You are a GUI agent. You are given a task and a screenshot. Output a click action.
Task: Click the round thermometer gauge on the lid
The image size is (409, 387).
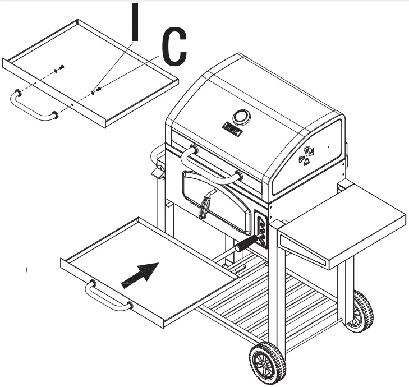point(242,117)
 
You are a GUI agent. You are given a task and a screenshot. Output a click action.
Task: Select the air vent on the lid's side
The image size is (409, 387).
point(307,155)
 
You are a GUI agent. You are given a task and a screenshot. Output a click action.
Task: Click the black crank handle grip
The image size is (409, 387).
point(247,243)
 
